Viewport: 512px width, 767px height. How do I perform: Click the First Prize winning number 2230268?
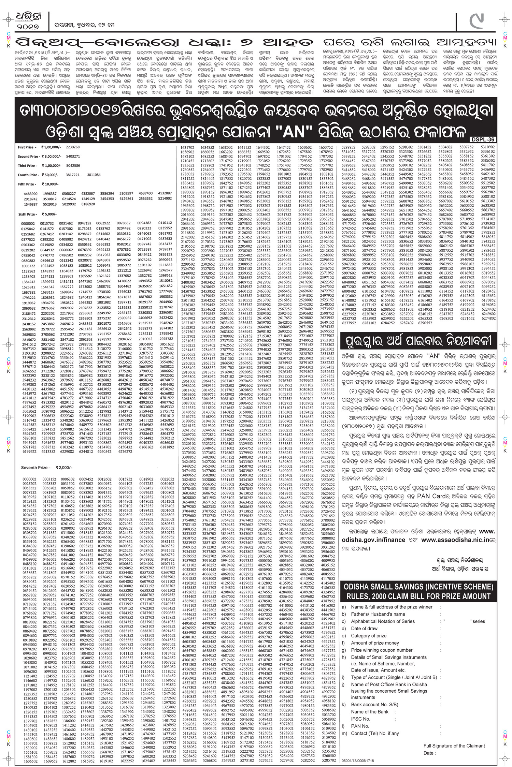coord(72,147)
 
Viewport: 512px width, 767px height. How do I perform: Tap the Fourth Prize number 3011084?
coord(94,175)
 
